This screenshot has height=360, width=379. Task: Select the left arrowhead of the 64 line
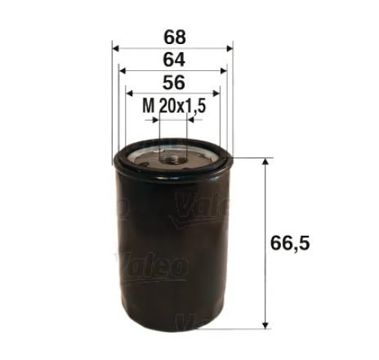(x=123, y=71)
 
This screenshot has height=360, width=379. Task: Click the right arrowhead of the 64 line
(x=222, y=71)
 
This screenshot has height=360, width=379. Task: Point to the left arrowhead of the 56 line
(x=129, y=93)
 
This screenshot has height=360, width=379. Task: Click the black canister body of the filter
(x=172, y=245)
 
